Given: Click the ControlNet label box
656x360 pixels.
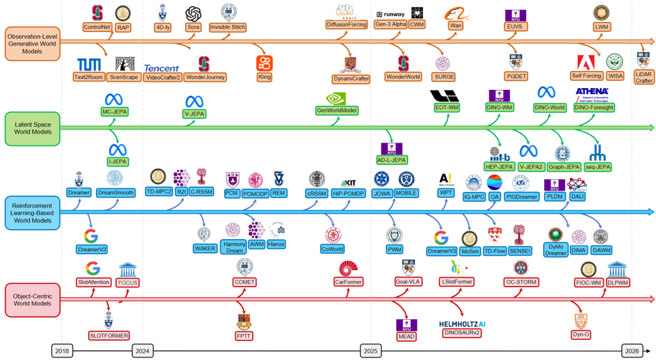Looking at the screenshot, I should click(97, 27).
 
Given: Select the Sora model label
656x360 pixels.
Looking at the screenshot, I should click(193, 27).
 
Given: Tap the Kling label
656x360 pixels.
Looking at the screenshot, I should click(264, 77).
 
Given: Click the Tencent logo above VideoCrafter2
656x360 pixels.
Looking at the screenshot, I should click(162, 67).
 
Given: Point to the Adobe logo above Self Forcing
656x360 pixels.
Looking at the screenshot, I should click(587, 63).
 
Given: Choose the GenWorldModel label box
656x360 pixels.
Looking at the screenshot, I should click(337, 110).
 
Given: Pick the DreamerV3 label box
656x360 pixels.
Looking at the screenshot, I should click(442, 251).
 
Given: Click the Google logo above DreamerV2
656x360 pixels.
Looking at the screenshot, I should click(91, 236).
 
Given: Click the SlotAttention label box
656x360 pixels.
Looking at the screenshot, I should click(93, 282).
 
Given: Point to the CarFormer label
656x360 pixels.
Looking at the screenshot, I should click(349, 282).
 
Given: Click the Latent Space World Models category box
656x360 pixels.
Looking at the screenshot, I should click(32, 128).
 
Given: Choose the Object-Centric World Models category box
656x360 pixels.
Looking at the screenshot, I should click(32, 299).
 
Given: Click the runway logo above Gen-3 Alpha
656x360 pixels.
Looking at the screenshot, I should click(389, 14).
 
